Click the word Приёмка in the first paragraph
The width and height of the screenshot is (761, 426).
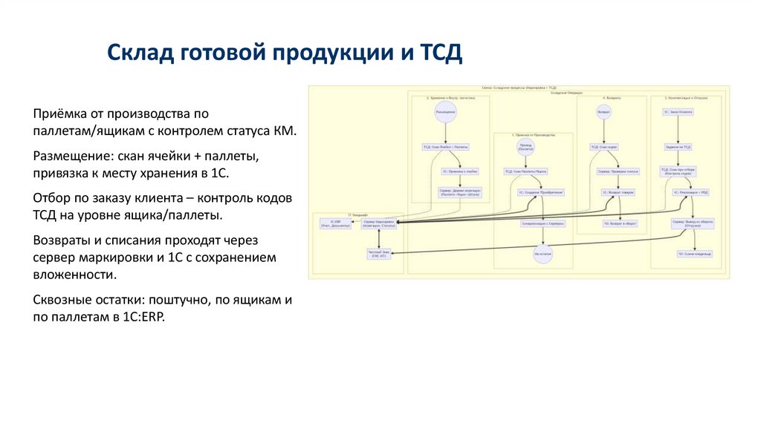pyautogui.click(x=58, y=114)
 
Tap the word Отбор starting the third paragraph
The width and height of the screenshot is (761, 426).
pyautogui.click(x=51, y=200)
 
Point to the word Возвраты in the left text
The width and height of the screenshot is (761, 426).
pyautogui.click(x=62, y=243)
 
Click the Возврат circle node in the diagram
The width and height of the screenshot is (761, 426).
pyautogui.click(x=604, y=112)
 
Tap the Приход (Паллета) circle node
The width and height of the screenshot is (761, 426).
pyautogui.click(x=526, y=148)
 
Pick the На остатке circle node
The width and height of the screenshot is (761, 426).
pyautogui.click(x=543, y=254)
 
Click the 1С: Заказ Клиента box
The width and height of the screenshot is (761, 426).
pyautogui.click(x=678, y=112)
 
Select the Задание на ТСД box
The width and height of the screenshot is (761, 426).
pyautogui.click(x=678, y=147)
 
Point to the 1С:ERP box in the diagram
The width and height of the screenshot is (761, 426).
pyautogui.click(x=331, y=223)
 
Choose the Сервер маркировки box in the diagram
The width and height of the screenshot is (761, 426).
pyautogui.click(x=379, y=223)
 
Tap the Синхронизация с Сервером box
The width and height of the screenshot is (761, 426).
pyautogui.click(x=543, y=223)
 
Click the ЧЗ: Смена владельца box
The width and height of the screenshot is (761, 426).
pyautogui.click(x=694, y=254)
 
